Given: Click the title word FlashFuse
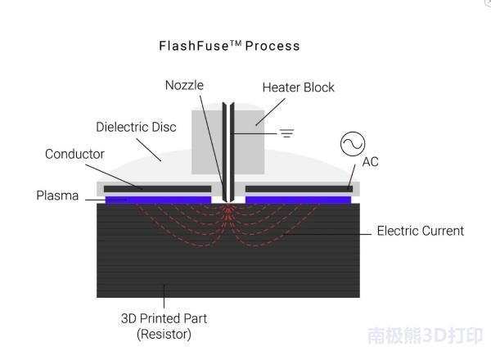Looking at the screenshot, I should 191,46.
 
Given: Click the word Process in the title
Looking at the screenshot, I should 273,46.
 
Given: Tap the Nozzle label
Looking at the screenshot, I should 186,85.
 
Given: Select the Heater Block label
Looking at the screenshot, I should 299,88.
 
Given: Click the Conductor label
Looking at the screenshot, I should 74,154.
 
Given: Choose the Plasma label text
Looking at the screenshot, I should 57,196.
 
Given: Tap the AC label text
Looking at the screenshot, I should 370,162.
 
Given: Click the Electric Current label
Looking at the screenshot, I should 420,231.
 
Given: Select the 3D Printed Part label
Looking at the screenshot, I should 169,318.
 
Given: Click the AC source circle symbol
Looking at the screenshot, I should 353,145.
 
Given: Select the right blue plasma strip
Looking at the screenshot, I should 298,200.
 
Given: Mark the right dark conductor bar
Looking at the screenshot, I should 298,189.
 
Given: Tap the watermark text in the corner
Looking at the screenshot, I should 425,335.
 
